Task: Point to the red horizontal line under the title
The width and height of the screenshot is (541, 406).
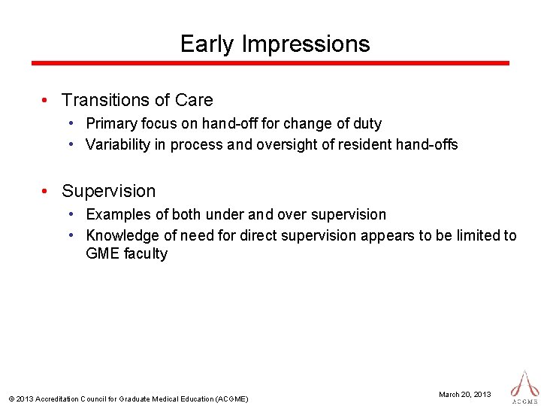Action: [270, 63]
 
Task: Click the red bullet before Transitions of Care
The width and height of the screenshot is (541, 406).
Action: [46, 100]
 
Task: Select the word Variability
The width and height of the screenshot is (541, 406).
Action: [118, 144]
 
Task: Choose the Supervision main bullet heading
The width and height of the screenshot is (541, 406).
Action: [108, 191]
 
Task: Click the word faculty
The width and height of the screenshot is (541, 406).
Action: [145, 253]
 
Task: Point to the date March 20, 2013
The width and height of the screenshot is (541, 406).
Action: [465, 394]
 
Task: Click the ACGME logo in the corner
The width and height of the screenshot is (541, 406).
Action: [524, 385]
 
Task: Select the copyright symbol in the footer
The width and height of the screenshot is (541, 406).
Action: [10, 398]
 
